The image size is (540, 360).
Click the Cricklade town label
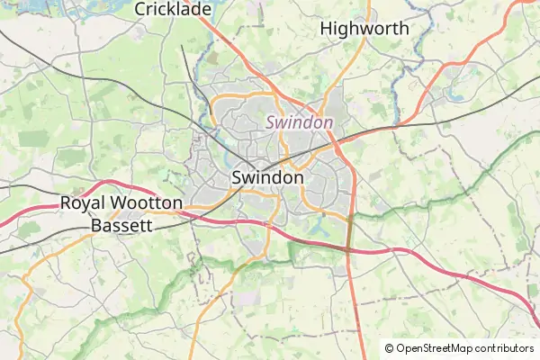point(173,9)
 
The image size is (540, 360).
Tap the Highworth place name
point(364,29)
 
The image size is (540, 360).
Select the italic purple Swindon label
point(299,121)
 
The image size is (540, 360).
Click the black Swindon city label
point(267,177)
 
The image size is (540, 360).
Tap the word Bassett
point(121,225)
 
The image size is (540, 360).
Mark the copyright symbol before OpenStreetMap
point(389,348)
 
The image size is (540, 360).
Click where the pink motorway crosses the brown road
point(348,248)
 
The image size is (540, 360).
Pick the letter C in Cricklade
point(141,9)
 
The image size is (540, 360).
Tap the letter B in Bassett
point(97,225)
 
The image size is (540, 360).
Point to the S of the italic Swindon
point(271,121)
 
